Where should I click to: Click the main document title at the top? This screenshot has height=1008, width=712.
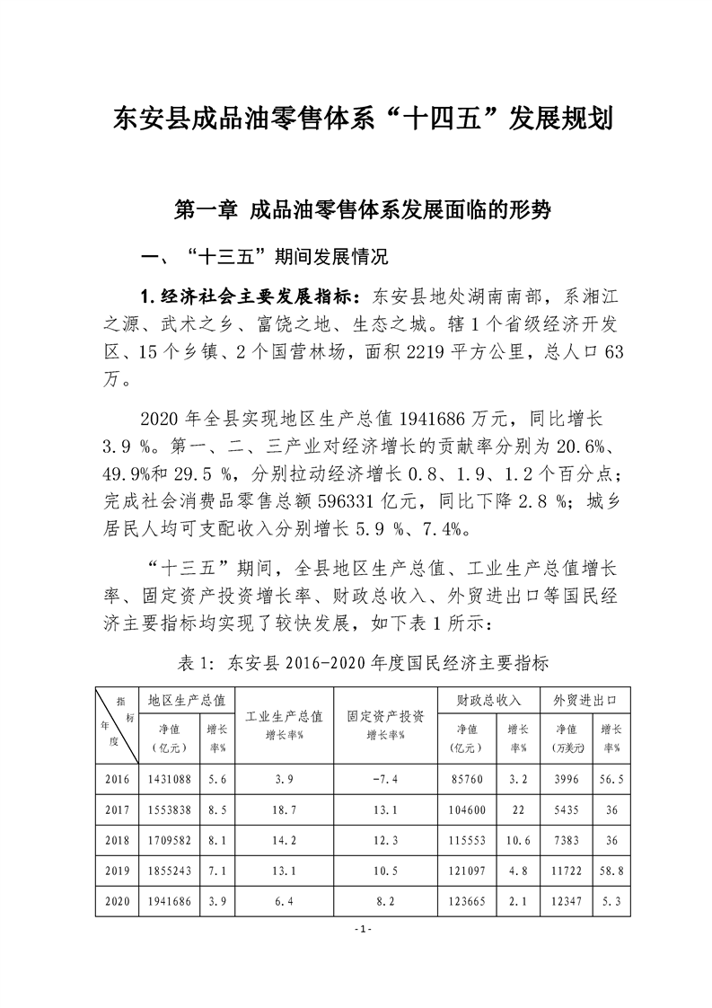click(x=356, y=118)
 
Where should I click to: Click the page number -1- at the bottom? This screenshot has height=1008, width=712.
click(x=356, y=928)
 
